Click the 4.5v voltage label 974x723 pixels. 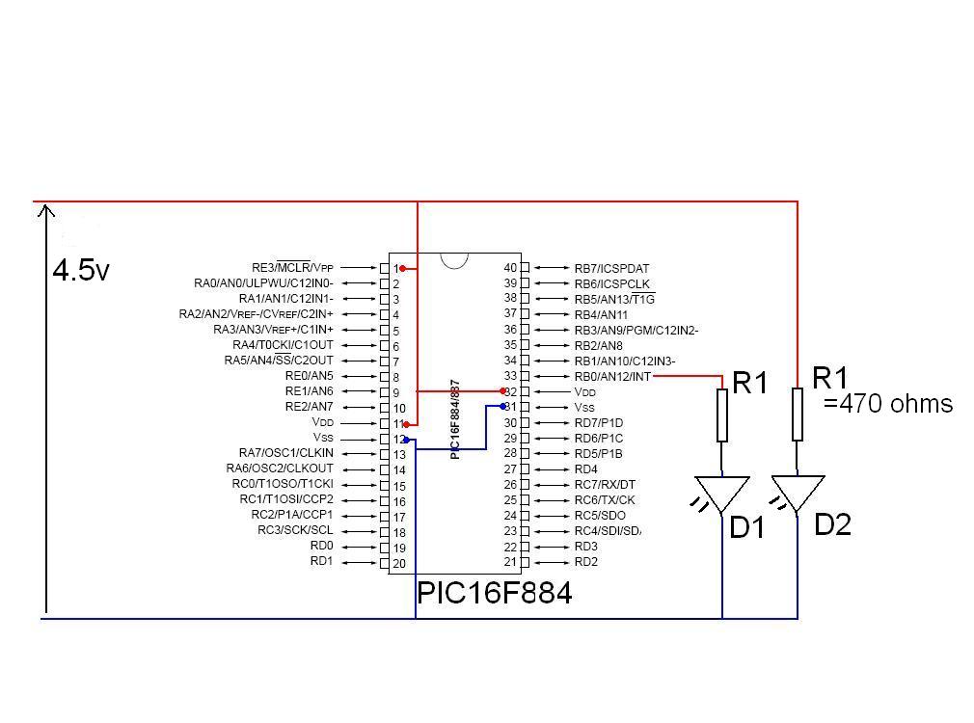(81, 270)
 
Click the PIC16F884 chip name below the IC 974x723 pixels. (494, 593)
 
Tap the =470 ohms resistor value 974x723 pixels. (888, 404)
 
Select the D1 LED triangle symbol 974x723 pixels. (722, 493)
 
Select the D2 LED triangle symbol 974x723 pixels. (798, 492)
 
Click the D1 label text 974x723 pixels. (747, 527)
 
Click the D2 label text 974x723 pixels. (832, 525)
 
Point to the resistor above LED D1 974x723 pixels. (722, 415)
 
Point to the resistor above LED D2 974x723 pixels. (798, 414)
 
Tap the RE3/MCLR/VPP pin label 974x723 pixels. (292, 268)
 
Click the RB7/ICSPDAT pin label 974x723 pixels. (611, 268)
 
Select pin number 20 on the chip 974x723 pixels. (398, 563)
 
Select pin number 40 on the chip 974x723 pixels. (511, 268)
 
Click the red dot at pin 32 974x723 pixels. (503, 391)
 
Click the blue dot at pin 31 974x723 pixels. (503, 407)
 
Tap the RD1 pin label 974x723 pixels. (321, 561)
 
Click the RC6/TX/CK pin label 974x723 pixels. (605, 499)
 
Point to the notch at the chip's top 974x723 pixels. (454, 259)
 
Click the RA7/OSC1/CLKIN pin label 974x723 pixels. (286, 453)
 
